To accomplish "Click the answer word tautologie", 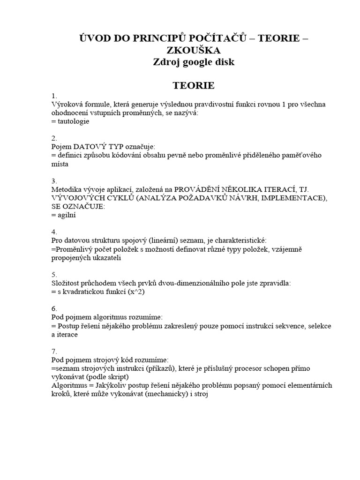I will click(72, 121).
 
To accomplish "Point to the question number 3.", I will click(53, 180).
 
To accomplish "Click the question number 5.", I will click(53, 274).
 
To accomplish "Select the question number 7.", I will click(53, 351).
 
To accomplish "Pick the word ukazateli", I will click(105, 257).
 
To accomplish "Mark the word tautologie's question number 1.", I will click(53, 96).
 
